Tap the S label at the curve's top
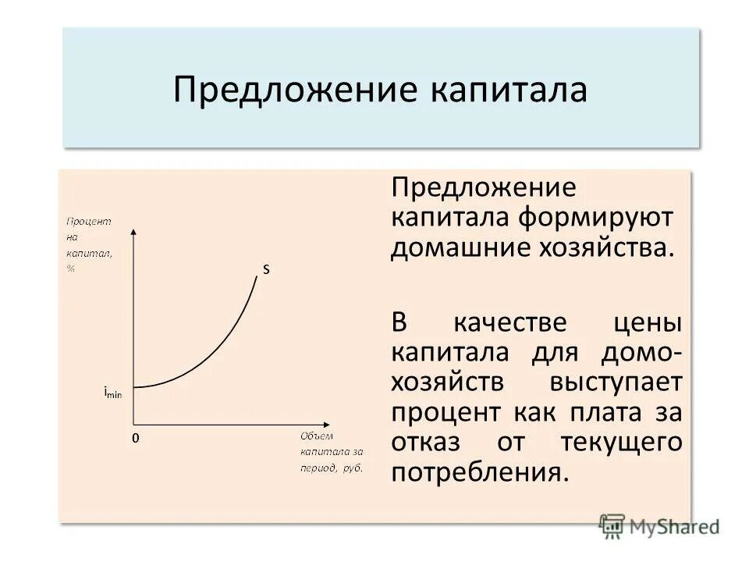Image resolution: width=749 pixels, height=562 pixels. click(265, 269)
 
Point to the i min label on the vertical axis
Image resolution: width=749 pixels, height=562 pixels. click(112, 393)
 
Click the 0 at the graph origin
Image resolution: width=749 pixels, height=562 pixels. click(134, 439)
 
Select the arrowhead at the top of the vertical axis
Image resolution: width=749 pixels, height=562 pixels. click(134, 231)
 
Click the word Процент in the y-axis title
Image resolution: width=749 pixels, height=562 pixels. click(88, 221)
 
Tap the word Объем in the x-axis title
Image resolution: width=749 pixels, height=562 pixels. click(317, 436)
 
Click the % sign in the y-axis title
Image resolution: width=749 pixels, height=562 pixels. click(70, 268)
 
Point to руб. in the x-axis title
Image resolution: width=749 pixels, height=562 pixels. click(353, 468)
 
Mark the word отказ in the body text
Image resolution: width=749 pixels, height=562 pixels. click(432, 442)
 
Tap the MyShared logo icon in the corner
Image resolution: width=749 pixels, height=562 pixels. click(612, 526)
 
